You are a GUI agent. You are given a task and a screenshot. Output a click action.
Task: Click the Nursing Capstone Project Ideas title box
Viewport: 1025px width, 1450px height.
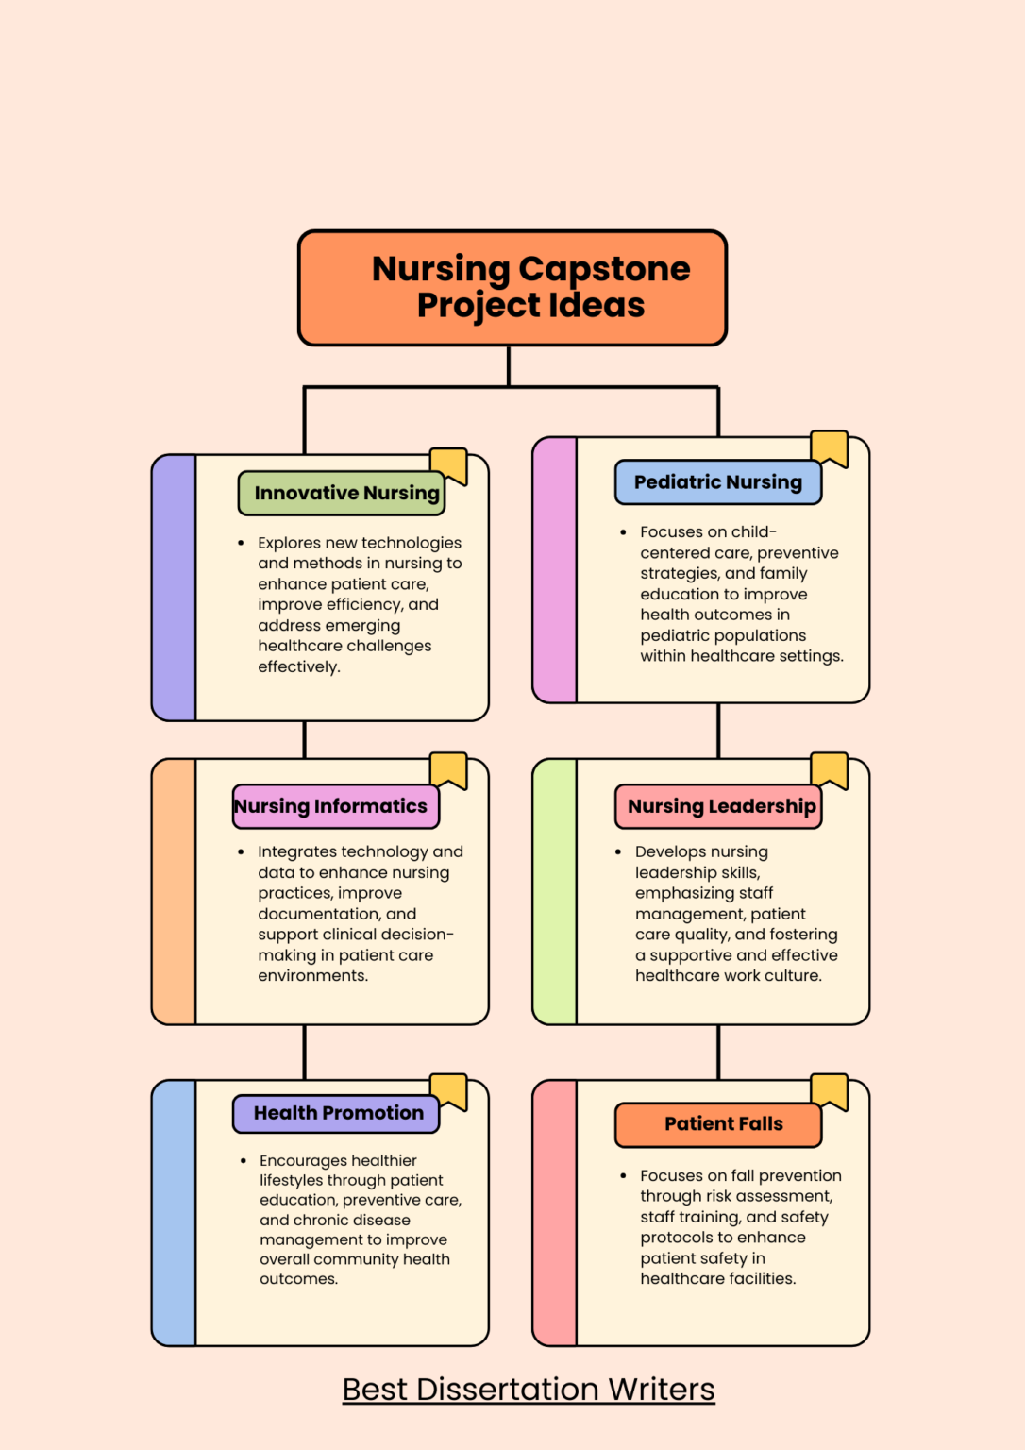[x=512, y=288]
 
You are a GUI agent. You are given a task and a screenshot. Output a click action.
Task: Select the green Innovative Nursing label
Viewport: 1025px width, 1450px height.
[x=342, y=494]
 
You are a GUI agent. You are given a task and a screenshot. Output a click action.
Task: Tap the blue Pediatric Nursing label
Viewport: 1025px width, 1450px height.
[x=717, y=482]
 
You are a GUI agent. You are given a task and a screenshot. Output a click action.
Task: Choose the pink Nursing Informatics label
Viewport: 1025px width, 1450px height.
[x=335, y=806]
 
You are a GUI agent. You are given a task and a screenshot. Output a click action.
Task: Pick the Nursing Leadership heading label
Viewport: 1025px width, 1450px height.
[x=718, y=806]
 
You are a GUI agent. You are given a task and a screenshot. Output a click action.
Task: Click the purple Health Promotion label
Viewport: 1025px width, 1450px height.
[x=336, y=1113]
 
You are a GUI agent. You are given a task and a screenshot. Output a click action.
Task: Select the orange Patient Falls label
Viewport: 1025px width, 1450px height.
[x=718, y=1124]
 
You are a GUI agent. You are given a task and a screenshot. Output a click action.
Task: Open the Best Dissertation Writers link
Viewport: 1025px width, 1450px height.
[x=529, y=1390]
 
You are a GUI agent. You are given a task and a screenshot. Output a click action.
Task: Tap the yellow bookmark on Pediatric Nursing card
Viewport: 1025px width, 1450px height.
[x=830, y=447]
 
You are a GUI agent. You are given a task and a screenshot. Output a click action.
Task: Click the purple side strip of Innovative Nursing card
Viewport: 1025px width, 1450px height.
[x=175, y=588]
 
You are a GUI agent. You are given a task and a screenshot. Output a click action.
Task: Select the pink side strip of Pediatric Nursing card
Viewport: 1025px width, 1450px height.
[x=555, y=570]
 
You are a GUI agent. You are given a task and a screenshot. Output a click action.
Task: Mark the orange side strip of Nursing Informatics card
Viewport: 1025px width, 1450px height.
[x=175, y=892]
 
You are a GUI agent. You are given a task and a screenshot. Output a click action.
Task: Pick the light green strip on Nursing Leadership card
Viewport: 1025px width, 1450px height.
[x=555, y=892]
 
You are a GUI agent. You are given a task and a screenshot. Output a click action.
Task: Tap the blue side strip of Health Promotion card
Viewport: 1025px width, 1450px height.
[x=175, y=1213]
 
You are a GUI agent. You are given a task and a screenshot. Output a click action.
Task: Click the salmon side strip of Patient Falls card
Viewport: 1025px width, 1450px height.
[x=555, y=1213]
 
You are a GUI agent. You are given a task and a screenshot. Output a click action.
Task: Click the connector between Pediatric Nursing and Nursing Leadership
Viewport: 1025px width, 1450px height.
[x=718, y=731]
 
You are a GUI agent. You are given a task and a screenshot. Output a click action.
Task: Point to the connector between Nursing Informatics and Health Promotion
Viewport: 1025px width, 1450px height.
[x=304, y=1052]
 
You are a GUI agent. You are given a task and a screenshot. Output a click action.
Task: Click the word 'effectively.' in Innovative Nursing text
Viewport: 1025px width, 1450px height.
[x=299, y=667]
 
